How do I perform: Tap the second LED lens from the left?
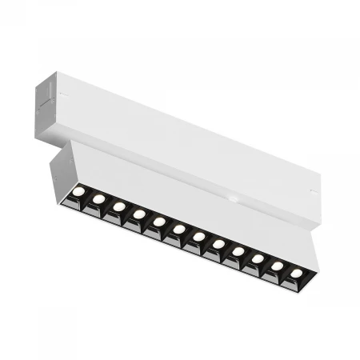point(98,198)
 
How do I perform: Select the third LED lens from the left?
point(118,206)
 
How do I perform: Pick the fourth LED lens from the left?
point(138,214)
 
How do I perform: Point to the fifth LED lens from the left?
point(158,221)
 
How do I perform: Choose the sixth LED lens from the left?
point(178,229)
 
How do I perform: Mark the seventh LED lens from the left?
point(198,236)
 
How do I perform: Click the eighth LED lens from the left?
point(218,244)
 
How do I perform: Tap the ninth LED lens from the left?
point(238,251)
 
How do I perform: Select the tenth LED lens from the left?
point(258,258)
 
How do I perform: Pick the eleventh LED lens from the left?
point(278,266)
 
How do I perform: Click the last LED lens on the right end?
point(297,274)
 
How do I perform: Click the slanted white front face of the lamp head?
point(192,200)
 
